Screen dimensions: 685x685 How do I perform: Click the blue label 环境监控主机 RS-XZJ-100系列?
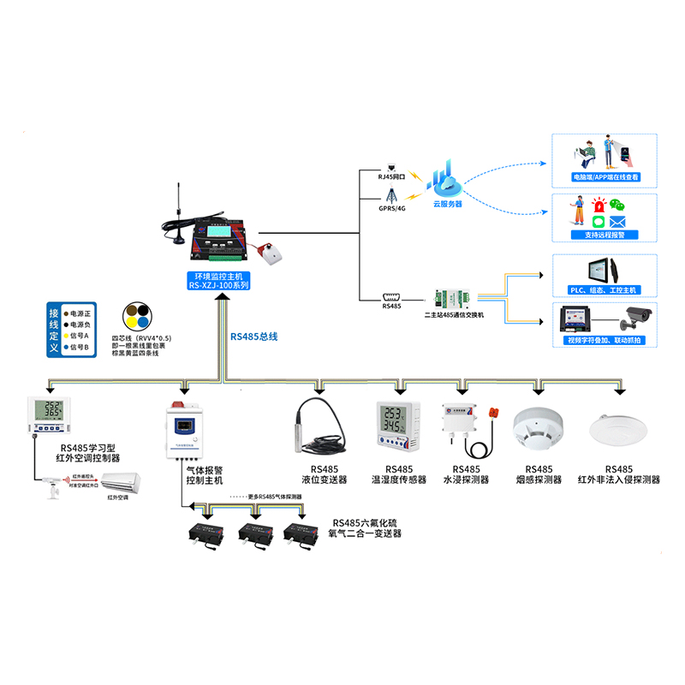click(219, 281)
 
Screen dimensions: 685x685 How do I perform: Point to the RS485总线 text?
click(254, 337)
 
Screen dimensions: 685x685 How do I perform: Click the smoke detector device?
click(538, 426)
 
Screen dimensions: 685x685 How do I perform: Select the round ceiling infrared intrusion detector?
click(617, 428)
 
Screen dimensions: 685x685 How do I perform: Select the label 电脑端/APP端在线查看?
click(605, 178)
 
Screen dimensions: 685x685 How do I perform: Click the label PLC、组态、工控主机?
click(605, 290)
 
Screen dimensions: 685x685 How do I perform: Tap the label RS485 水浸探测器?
click(466, 474)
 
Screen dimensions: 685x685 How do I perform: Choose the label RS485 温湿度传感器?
click(399, 474)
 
